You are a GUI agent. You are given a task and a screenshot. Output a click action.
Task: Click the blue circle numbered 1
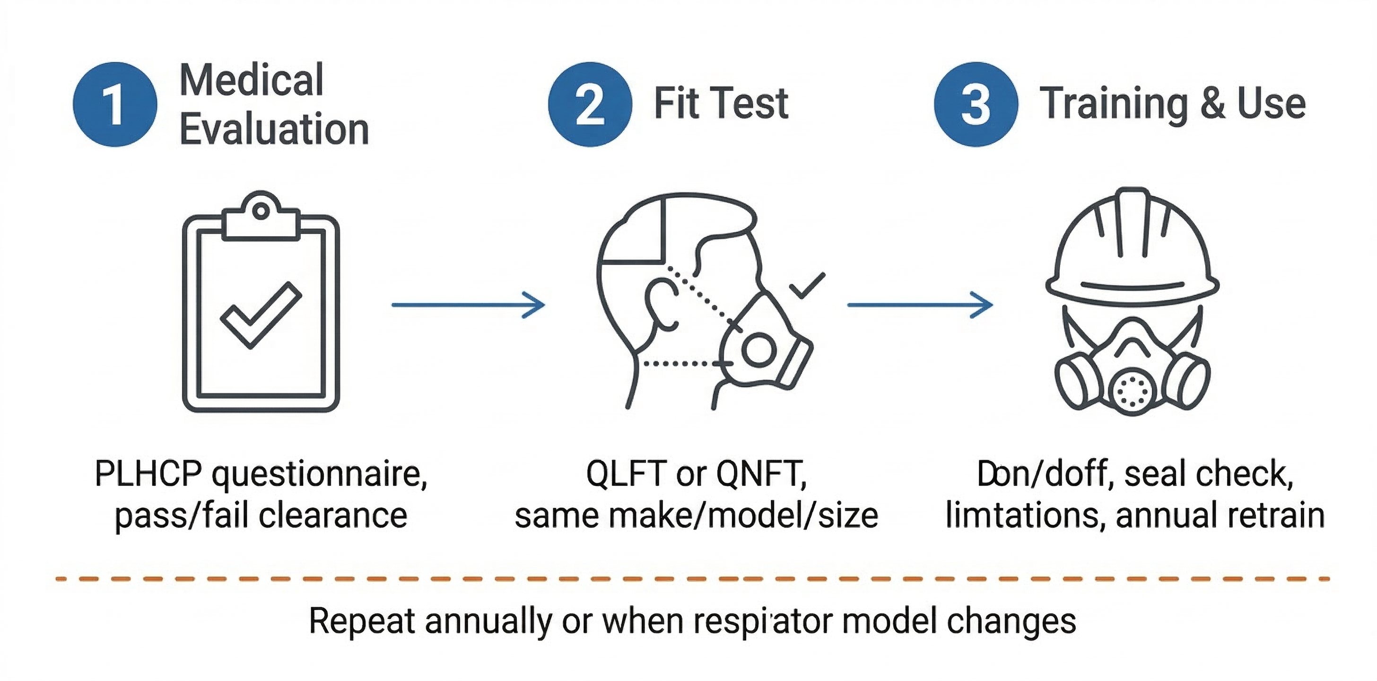(115, 104)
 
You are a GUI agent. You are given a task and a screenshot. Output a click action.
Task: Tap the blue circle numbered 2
(590, 104)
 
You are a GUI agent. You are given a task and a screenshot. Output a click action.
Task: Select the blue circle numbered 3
(976, 104)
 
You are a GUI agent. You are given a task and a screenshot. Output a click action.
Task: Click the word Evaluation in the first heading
(274, 130)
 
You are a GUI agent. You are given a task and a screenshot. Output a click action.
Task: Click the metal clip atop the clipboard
(261, 217)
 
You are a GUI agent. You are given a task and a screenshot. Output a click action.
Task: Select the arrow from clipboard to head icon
(468, 305)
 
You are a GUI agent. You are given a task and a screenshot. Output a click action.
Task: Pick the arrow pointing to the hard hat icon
(919, 305)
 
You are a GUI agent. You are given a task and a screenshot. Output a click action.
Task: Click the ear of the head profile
(661, 305)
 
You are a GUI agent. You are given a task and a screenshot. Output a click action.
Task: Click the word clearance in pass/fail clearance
(332, 516)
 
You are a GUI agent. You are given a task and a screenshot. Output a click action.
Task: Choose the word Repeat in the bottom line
(362, 621)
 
